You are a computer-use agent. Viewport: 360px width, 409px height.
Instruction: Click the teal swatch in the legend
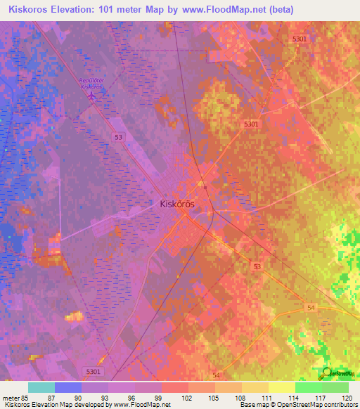click(41, 387)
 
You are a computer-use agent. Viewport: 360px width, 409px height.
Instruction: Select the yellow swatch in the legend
click(281, 387)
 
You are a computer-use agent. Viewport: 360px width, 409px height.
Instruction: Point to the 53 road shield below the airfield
click(121, 138)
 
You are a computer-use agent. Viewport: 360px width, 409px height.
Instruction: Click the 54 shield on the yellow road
click(310, 308)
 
